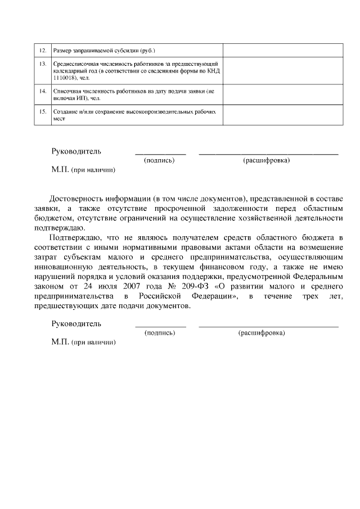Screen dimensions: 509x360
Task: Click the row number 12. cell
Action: click(42, 51)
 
